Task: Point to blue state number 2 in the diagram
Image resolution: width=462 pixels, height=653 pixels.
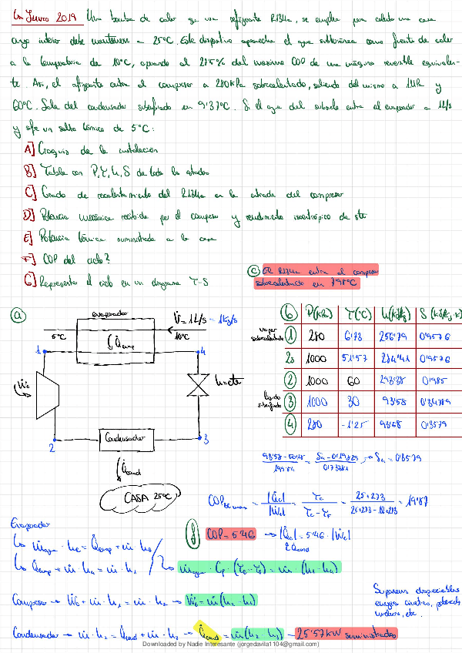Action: (x=51, y=447)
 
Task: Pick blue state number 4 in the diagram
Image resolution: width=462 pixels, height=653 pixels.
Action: (x=203, y=350)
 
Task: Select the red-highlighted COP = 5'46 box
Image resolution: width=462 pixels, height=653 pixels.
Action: (x=230, y=532)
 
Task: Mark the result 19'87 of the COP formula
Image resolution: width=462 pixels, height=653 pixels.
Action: (x=440, y=498)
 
